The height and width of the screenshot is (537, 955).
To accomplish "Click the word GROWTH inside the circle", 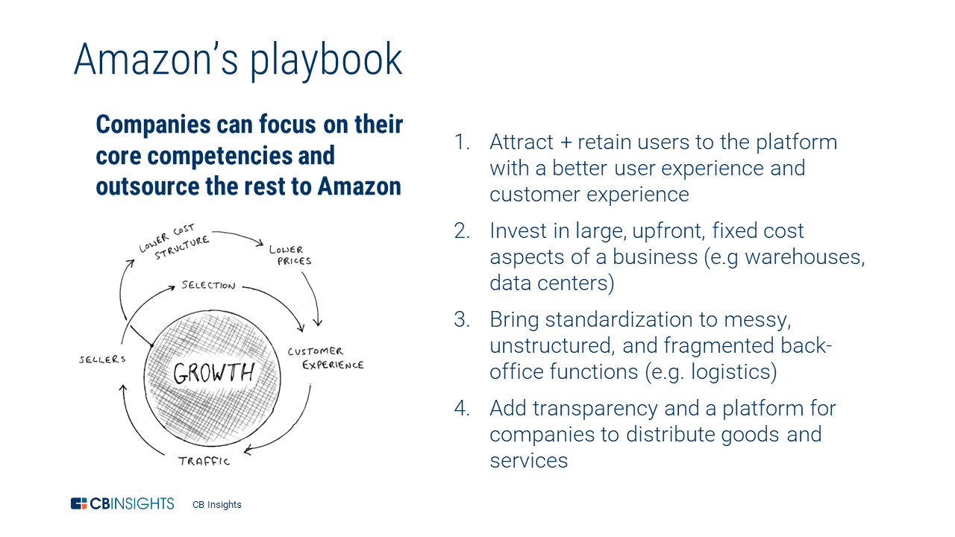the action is pos(214,372).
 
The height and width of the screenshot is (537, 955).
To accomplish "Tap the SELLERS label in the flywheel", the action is pos(103,359).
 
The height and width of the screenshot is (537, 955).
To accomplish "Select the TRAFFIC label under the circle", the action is pos(204,461).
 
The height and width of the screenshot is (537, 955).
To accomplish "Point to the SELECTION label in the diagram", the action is pos(208,286).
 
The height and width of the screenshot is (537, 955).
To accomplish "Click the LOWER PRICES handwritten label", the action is pos(290,255).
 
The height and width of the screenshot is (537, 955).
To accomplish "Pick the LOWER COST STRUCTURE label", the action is pos(174,244).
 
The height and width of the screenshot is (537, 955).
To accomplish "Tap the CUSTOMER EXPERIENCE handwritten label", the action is pos(325,358).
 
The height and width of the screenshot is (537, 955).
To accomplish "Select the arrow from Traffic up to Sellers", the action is pos(134,418).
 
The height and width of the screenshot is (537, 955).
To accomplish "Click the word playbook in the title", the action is pos(326,60).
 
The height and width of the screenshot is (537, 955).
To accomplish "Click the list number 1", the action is pos(462,142).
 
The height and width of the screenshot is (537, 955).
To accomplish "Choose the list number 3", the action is pos(462,319).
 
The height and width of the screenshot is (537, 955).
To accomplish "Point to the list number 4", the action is pos(462,408).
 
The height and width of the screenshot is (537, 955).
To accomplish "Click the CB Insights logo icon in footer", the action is pos(79,503).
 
